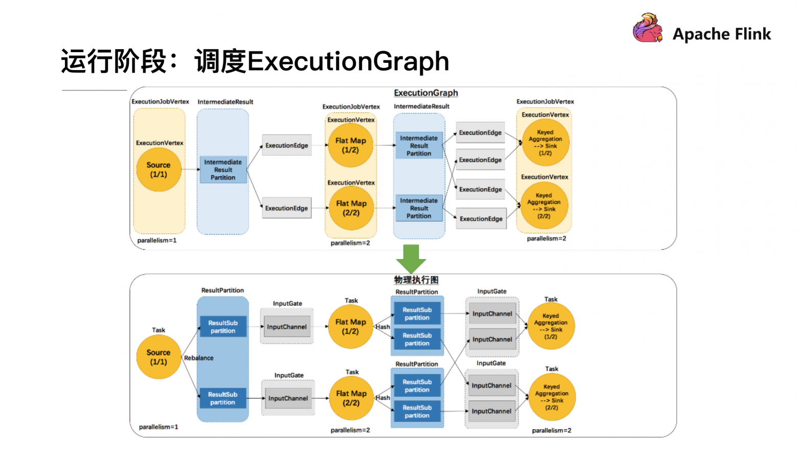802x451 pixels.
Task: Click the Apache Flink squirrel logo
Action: tap(648, 28)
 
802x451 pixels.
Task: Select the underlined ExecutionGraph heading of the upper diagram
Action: tap(426, 93)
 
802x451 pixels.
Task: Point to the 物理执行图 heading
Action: tap(416, 280)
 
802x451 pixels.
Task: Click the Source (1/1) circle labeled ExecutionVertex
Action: tap(159, 170)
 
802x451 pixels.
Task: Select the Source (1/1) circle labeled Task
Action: tap(159, 357)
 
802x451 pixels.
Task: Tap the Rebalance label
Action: tap(198, 358)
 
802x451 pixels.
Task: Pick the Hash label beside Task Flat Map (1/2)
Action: tap(383, 327)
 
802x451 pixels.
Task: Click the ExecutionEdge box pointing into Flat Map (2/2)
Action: tap(286, 208)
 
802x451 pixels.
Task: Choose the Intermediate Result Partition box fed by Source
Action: tap(223, 170)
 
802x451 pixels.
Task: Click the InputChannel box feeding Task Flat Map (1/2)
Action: tap(287, 326)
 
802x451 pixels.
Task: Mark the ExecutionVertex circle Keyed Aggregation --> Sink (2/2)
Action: tap(544, 206)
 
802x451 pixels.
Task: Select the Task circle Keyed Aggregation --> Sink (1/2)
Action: tap(551, 326)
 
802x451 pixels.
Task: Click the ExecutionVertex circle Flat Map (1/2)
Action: tap(350, 145)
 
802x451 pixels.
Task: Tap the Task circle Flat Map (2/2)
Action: tap(351, 398)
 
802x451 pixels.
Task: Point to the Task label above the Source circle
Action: tap(158, 330)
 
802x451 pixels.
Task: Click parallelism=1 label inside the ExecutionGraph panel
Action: tap(157, 240)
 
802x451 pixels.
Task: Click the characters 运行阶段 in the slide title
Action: tap(114, 61)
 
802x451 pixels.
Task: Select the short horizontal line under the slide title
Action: tap(94, 90)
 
